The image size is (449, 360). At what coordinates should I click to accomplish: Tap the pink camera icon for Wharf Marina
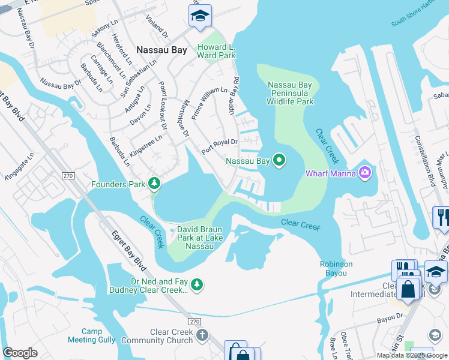[x=364, y=174]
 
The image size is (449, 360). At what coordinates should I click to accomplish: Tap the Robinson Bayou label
[x=336, y=268]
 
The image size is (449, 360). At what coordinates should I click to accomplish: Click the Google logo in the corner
[x=20, y=353]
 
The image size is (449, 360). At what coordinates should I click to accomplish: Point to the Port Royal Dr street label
[x=220, y=146]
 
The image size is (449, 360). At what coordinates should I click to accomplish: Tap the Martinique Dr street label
[x=185, y=118]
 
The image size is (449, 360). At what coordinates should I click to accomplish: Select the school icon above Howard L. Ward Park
[x=200, y=15]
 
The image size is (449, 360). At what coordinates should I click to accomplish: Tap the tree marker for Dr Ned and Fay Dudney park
[x=196, y=284]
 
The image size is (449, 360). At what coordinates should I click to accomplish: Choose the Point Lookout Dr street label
[x=162, y=106]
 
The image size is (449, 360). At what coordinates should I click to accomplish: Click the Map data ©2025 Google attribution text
[x=412, y=355]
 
